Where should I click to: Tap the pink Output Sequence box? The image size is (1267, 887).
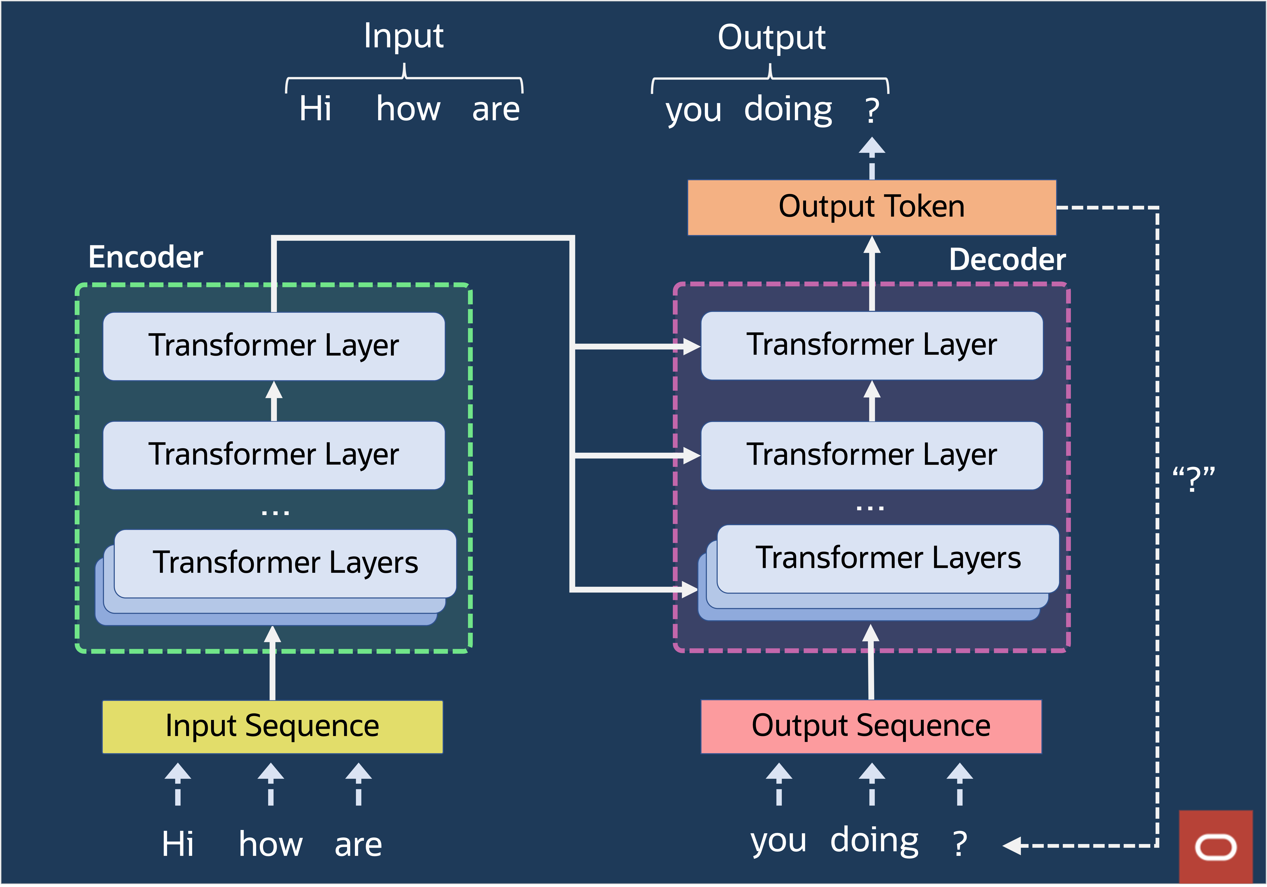(871, 726)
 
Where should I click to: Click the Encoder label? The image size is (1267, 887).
(146, 257)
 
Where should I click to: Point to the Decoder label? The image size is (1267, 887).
(1007, 260)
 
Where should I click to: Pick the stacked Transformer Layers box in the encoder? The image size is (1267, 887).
(285, 563)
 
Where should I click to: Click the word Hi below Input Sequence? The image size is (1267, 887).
(178, 844)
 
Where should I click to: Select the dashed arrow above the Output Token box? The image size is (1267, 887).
(872, 157)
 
